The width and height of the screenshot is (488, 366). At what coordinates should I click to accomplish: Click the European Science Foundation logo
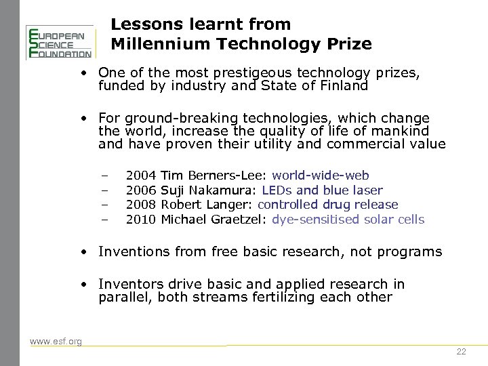point(59,42)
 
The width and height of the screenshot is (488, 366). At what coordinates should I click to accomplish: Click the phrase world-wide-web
point(321,176)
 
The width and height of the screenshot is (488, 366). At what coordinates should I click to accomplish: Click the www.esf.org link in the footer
point(56,341)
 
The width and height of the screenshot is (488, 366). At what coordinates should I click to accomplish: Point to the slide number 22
point(462,352)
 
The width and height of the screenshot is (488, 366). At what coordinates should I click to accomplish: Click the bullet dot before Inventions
point(83,252)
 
